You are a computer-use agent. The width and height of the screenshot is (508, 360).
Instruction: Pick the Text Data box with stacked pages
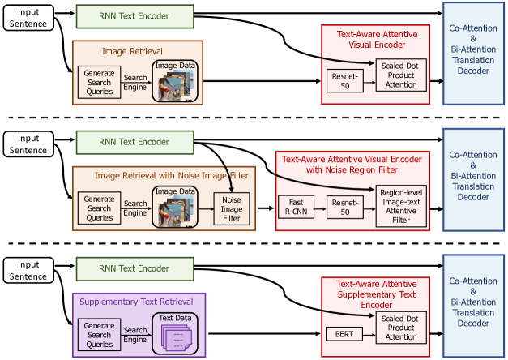(174, 331)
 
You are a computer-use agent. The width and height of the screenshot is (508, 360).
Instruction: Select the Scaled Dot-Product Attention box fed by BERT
(401, 326)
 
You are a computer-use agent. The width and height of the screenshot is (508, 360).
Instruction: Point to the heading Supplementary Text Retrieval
(140, 300)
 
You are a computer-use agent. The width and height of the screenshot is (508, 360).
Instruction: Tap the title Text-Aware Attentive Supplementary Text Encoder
(377, 294)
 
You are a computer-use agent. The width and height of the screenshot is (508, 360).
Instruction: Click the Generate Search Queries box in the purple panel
(100, 333)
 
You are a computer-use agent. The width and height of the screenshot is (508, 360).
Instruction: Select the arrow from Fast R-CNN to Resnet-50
(322, 208)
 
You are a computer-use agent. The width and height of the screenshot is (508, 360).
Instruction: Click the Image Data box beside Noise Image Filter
(175, 208)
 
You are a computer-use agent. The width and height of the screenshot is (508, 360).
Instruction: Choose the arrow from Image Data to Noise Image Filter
(206, 208)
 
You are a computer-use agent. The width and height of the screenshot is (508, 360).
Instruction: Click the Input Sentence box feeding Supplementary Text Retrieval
(28, 270)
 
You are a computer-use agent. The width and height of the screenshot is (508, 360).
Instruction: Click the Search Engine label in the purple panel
(135, 333)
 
